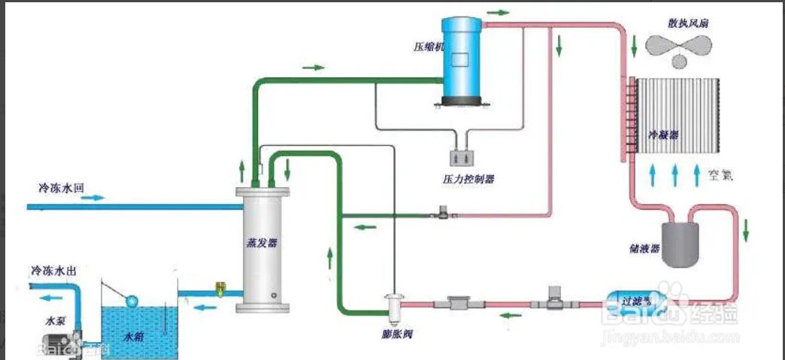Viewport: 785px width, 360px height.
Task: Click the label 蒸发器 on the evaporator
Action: point(262,243)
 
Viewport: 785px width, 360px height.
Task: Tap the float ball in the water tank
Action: point(134,301)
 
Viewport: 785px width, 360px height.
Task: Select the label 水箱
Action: point(136,337)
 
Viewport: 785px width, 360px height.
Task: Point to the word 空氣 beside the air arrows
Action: point(720,177)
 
